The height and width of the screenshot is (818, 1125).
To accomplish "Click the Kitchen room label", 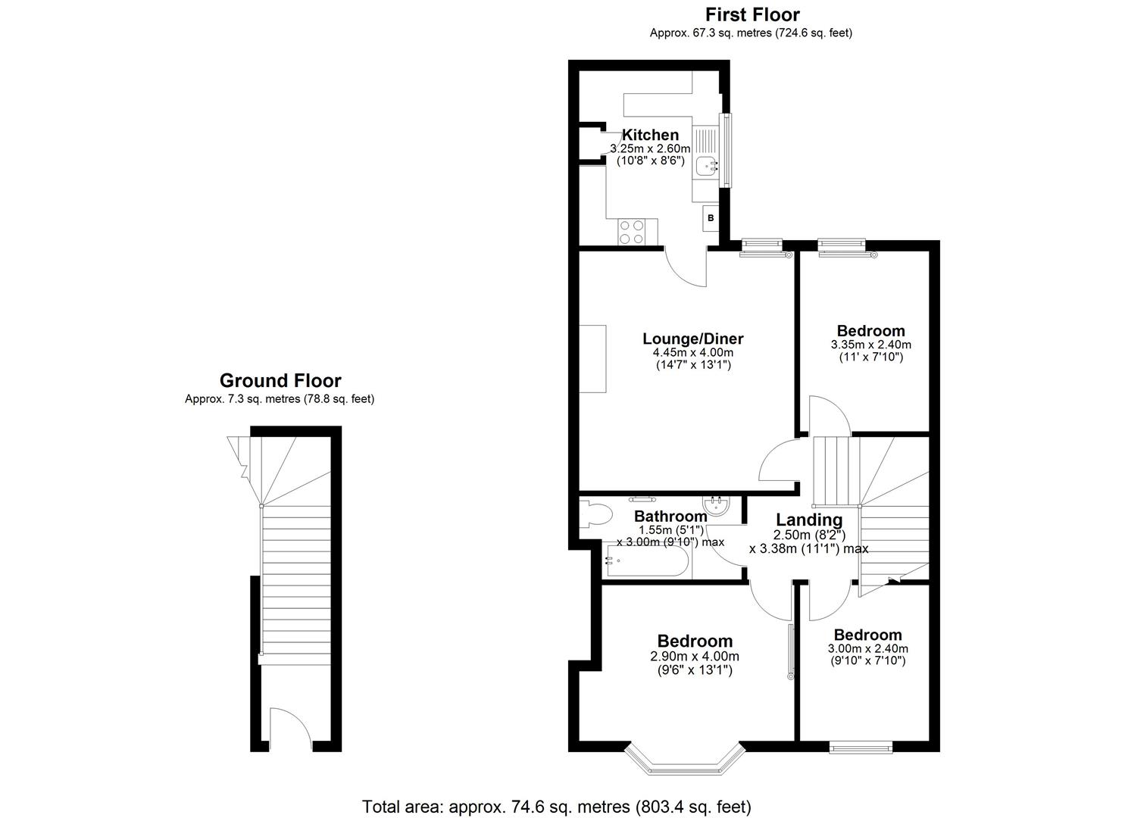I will tap(650, 136).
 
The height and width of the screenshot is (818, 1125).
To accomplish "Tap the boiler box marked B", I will tap(711, 218).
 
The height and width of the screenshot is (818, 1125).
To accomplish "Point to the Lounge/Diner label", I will tap(692, 339).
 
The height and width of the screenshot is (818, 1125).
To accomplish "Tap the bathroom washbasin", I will tap(715, 506).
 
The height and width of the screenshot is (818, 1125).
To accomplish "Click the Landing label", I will tap(808, 520).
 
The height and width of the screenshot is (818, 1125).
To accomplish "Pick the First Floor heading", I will tap(752, 14).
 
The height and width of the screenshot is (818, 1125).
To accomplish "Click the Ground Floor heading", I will tap(280, 381).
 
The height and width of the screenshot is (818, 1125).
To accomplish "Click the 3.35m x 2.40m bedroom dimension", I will tap(870, 345).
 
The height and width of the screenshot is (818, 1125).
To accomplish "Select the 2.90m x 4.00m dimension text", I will tap(694, 657).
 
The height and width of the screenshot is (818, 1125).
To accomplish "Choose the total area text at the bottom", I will tap(556, 806).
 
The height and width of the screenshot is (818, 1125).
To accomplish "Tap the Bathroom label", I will tap(670, 517).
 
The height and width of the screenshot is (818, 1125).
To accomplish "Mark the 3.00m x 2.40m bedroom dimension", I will tap(867, 648).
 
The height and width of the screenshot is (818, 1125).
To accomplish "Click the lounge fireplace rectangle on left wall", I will tap(593, 358).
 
